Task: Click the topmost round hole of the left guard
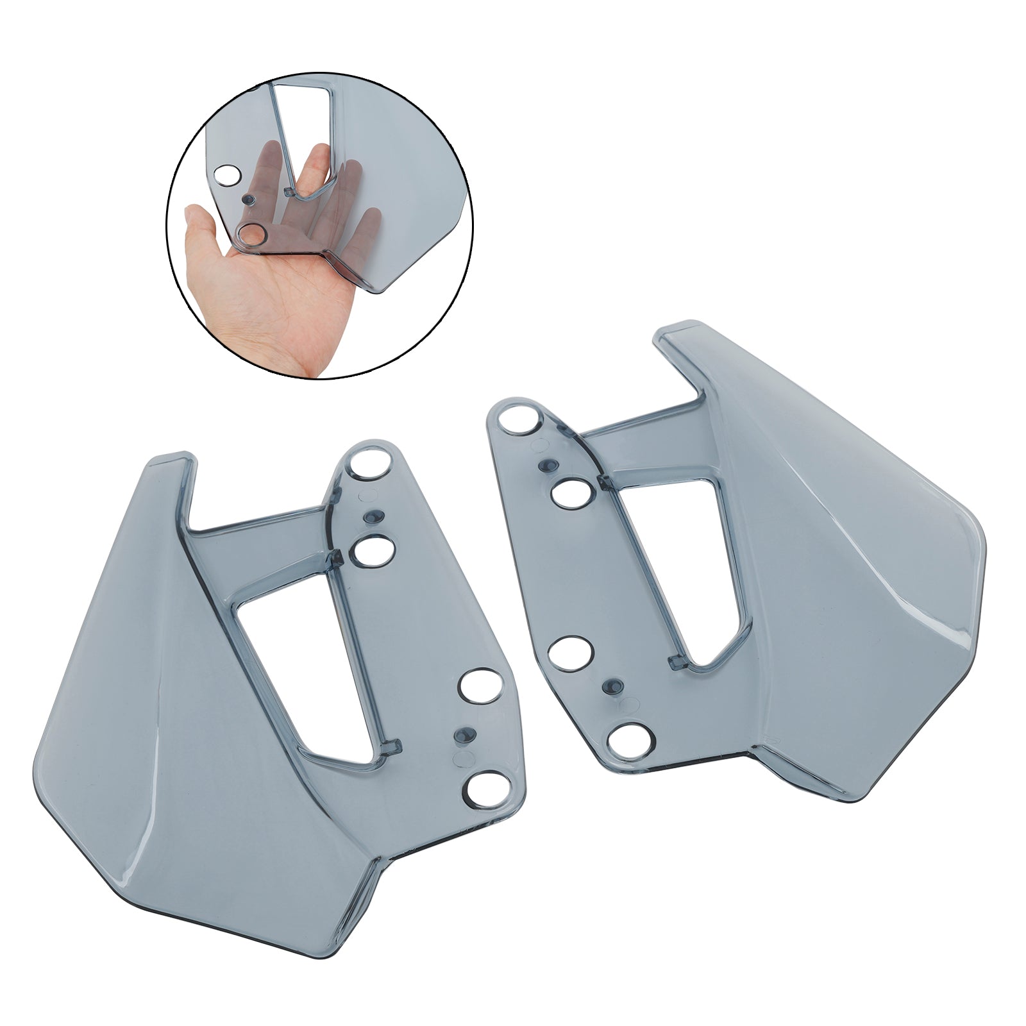click(369, 464)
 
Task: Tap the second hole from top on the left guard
click(373, 550)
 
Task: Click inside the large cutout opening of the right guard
click(680, 564)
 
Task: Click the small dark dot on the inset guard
click(247, 201)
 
